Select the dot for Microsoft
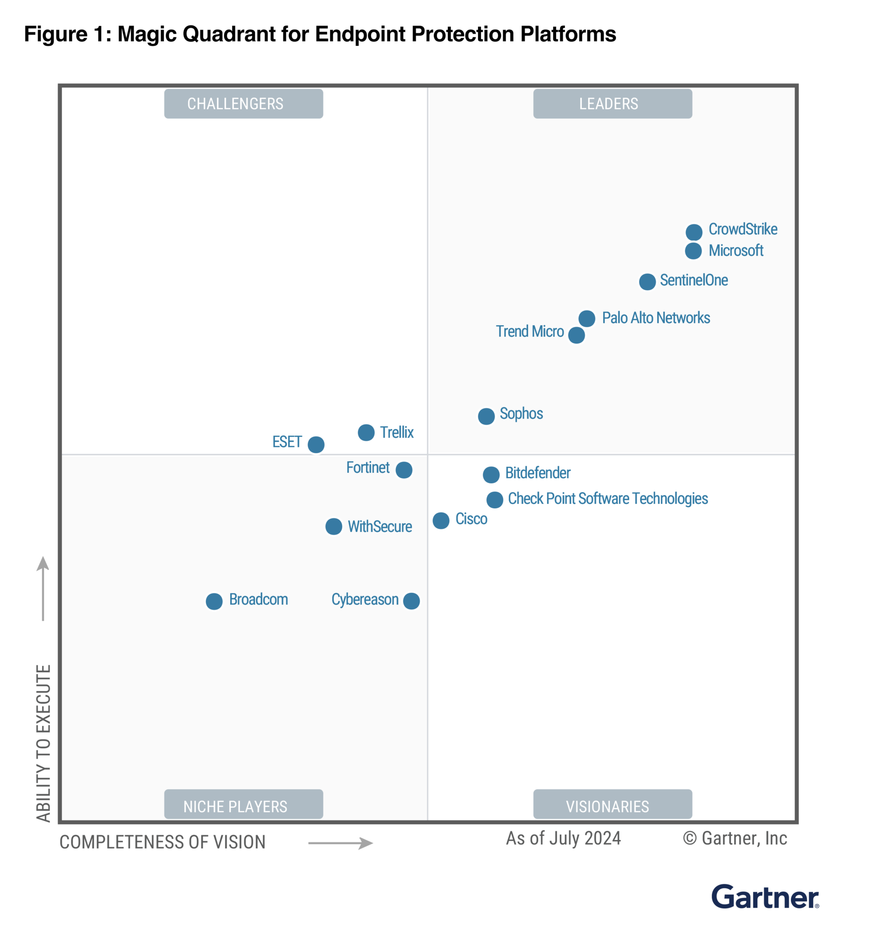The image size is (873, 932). [x=693, y=251]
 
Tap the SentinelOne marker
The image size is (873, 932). [x=648, y=282]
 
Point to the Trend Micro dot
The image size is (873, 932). [x=577, y=335]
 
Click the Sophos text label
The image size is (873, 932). [x=521, y=414]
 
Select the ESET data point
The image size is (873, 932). [x=316, y=445]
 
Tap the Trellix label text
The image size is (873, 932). [x=396, y=432]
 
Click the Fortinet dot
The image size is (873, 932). [x=404, y=470]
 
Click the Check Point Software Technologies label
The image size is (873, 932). [x=608, y=498]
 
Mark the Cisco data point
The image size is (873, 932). [x=441, y=521]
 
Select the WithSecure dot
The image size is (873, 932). [x=334, y=527]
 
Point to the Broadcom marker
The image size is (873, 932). [x=214, y=602]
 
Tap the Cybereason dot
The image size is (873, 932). [x=411, y=601]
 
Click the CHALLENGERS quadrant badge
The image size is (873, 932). [x=244, y=104]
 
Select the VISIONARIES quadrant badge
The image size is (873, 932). [x=612, y=806]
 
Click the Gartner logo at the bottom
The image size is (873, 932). [x=765, y=897]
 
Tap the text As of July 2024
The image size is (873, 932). [x=563, y=838]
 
